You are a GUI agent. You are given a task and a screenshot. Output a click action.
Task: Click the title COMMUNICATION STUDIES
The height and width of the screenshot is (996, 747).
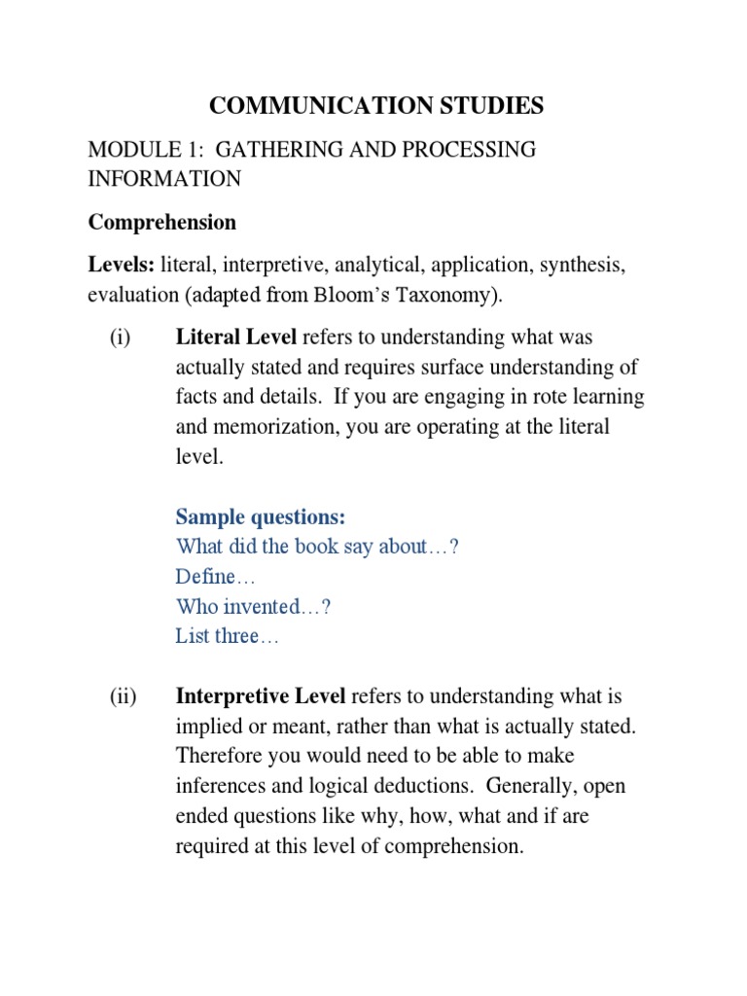377,106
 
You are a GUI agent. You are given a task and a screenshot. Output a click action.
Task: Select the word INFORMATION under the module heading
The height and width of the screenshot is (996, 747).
164,179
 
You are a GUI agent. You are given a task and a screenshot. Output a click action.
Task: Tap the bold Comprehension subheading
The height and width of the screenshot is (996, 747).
162,222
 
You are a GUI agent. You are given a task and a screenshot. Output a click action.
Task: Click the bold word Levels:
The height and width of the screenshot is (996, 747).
123,266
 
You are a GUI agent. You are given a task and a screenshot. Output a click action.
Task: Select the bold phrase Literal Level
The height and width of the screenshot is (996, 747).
237,338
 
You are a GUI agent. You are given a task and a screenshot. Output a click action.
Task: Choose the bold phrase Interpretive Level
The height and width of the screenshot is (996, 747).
261,697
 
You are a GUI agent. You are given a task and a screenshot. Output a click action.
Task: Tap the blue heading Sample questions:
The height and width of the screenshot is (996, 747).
261,517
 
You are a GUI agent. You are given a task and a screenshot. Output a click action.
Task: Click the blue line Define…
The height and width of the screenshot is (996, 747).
215,577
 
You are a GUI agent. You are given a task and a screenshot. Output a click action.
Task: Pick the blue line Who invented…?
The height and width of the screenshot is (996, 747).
254,607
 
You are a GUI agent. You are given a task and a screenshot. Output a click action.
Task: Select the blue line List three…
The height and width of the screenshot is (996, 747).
228,636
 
